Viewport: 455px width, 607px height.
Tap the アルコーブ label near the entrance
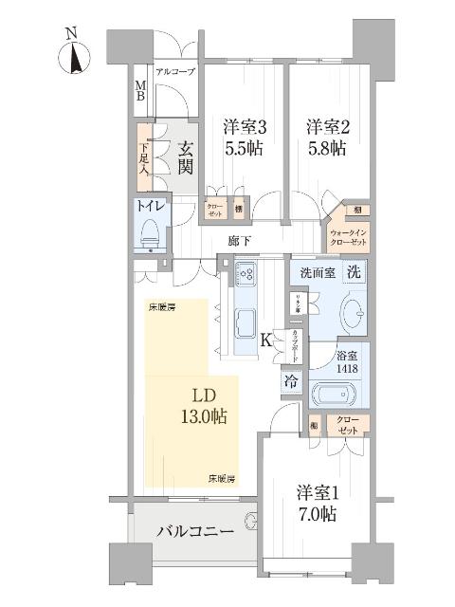tap(174, 72)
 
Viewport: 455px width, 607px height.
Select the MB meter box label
tap(139, 92)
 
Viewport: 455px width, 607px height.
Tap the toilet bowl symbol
tap(150, 231)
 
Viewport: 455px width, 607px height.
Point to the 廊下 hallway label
tap(239, 241)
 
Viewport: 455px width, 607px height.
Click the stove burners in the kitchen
tap(246, 277)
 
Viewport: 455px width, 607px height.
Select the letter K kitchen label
tap(269, 340)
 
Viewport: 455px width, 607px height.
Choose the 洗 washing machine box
tap(352, 271)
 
